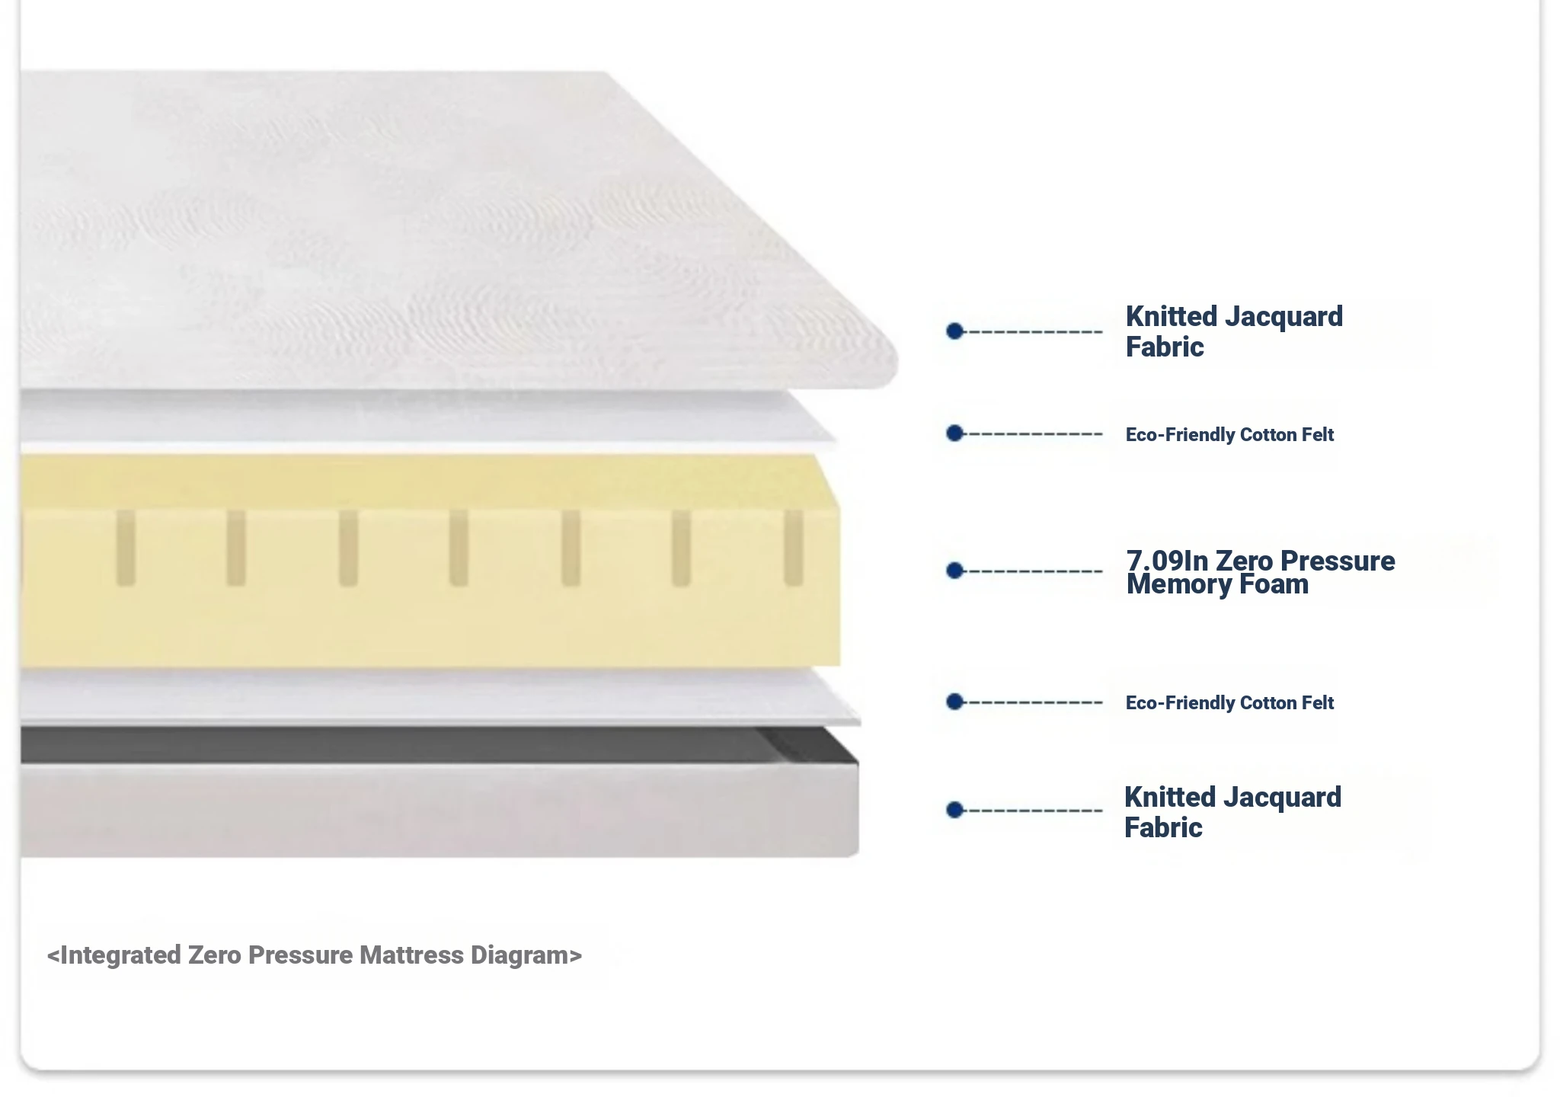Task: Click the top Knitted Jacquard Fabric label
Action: pyautogui.click(x=1234, y=331)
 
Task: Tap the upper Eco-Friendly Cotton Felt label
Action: pyautogui.click(x=1229, y=434)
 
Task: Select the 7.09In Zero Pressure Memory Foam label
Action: pyautogui.click(x=1261, y=572)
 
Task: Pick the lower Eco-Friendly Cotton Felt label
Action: pyautogui.click(x=1229, y=702)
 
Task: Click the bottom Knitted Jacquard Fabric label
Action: pyautogui.click(x=1232, y=812)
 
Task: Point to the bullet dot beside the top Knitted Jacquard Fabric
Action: pyautogui.click(x=955, y=331)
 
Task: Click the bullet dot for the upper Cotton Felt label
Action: pyautogui.click(x=955, y=433)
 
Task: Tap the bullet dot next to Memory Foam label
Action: pyautogui.click(x=955, y=571)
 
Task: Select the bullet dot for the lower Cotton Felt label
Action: pyautogui.click(x=955, y=702)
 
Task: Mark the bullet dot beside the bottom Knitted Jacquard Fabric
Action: pyautogui.click(x=955, y=810)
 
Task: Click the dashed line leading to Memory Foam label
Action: pyautogui.click(x=1034, y=571)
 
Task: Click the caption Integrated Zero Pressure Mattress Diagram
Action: pyautogui.click(x=315, y=955)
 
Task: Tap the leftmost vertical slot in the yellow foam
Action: pyautogui.click(x=126, y=548)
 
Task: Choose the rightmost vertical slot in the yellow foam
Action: pyautogui.click(x=794, y=548)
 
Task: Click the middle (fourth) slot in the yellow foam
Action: pyautogui.click(x=459, y=548)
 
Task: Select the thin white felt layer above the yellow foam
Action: pyautogui.click(x=427, y=417)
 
